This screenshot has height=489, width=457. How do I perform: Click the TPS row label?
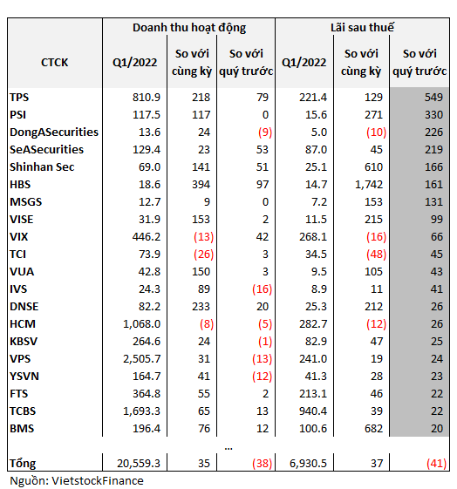19,98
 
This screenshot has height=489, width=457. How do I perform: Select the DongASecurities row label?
54,132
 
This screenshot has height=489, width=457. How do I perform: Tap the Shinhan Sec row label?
42,167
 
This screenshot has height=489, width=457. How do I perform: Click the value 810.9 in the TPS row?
147,98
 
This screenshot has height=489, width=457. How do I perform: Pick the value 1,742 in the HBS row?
369,185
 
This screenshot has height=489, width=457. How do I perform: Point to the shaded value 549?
433,98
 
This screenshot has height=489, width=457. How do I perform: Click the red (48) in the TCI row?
376,255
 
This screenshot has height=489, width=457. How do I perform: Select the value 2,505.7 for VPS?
142,359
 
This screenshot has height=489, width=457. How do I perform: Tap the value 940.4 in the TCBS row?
313,411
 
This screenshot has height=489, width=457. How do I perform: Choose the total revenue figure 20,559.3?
139,464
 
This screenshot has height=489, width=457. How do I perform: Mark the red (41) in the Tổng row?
436,464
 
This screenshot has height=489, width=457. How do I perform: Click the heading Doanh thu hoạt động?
189,28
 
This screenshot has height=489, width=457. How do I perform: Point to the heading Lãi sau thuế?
363,27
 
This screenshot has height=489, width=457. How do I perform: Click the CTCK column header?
55,63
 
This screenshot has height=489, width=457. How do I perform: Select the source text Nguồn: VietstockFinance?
77,481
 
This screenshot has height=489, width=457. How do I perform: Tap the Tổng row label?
23,464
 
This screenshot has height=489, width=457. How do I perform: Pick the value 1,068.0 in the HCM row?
142,324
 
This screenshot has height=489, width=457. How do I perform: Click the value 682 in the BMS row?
373,429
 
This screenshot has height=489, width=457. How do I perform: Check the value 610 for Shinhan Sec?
373,167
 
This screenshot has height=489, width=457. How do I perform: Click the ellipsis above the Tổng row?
228,449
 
